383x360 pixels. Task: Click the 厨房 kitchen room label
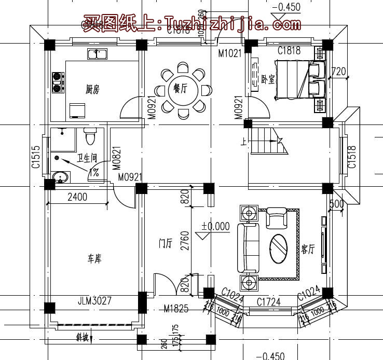(92, 90)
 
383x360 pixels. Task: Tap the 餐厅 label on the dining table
(180, 89)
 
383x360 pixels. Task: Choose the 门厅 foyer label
(166, 243)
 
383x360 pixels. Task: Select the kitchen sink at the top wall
(97, 53)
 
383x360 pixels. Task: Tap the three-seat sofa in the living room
(248, 248)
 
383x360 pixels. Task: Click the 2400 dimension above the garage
(77, 197)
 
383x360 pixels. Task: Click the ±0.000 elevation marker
(215, 226)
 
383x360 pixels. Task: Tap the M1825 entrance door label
(175, 310)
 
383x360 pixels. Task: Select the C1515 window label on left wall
(35, 156)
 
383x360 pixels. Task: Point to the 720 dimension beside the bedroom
(338, 71)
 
